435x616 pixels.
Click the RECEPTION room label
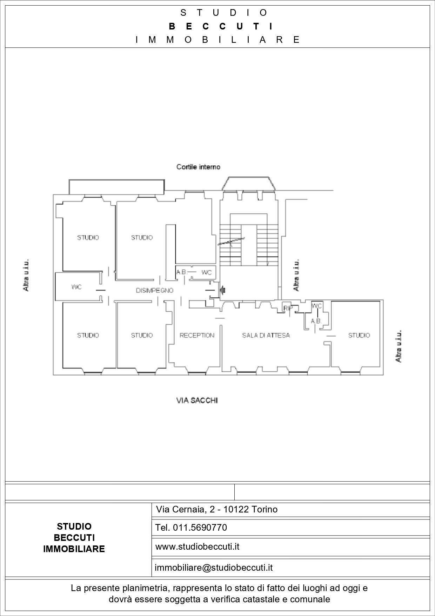tap(197, 336)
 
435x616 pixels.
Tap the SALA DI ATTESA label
tap(266, 336)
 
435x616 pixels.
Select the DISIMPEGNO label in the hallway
tap(154, 291)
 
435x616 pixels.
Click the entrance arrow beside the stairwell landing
tap(222, 290)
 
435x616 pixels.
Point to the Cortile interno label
tap(198, 167)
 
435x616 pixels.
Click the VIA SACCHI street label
tap(197, 400)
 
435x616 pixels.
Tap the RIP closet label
tap(288, 309)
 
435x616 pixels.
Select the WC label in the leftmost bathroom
tap(76, 287)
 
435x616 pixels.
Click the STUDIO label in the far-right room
tap(359, 336)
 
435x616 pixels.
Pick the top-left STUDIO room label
tap(88, 238)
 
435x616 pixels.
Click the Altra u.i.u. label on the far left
tap(26, 275)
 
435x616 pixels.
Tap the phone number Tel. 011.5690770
tap(191, 528)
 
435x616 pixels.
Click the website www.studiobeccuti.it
tap(197, 547)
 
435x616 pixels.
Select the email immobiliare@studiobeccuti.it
tap(214, 568)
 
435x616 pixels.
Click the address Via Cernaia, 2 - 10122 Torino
tap(216, 509)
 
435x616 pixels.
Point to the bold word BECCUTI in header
tap(221, 26)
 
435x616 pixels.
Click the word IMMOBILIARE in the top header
tap(218, 40)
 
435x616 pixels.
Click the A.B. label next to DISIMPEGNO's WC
tap(181, 272)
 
